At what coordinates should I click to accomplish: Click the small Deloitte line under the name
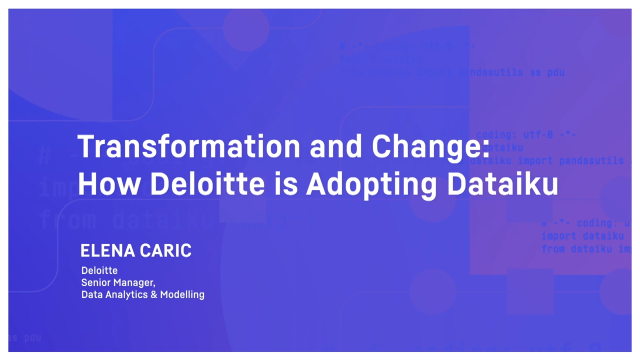tap(99, 270)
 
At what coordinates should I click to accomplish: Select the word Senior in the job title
tap(97, 282)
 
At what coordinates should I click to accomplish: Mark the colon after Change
tap(484, 150)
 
